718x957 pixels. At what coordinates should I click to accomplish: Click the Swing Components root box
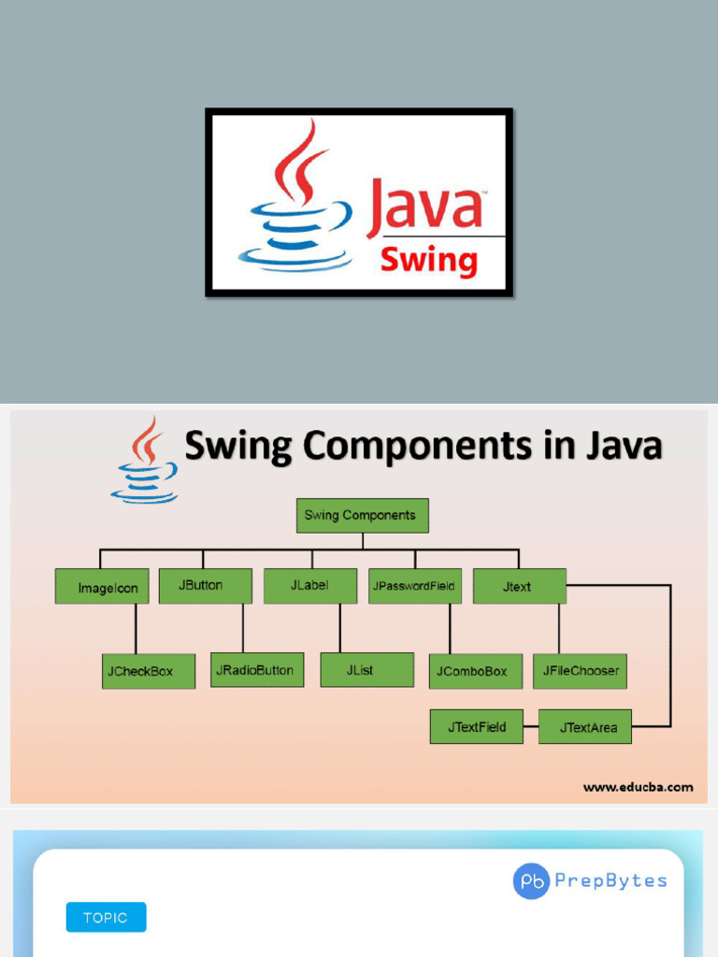pos(362,515)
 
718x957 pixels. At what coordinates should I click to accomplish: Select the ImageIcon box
pos(102,587)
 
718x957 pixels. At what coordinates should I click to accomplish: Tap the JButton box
pos(205,585)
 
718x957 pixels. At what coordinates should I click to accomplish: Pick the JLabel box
pos(309,585)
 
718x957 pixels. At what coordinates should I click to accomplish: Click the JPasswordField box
pos(414,586)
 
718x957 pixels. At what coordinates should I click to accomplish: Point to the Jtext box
pos(519,586)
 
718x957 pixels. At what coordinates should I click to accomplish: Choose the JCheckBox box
pos(149,671)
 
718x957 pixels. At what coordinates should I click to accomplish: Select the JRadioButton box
pos(256,670)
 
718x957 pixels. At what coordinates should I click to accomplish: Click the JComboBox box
pos(475,671)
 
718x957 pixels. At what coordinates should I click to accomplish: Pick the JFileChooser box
pos(580,670)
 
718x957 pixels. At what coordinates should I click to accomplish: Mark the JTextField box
pos(476,726)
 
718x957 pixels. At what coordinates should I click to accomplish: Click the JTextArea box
pos(585,727)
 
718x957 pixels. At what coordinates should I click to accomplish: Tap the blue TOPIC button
pos(106,917)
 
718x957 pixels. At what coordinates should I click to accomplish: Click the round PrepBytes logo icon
pos(531,881)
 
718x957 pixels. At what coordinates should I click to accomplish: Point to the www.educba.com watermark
pos(639,787)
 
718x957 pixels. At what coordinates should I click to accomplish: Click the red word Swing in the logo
pos(429,260)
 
